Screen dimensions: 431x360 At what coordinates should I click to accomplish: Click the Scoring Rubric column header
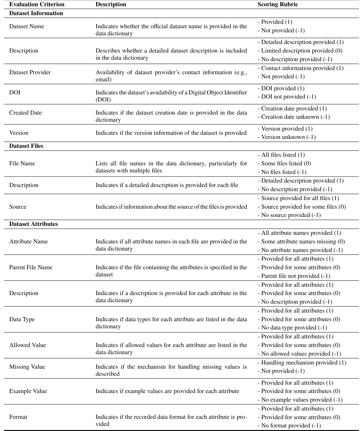point(277,4)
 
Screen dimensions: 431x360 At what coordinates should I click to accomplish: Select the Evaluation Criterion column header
point(37,4)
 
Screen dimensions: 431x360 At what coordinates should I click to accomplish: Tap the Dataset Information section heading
point(36,13)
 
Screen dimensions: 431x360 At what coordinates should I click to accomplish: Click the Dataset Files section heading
point(26,146)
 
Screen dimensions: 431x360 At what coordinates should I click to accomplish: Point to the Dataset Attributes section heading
point(34,224)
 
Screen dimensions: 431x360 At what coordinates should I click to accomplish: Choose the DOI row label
point(15,93)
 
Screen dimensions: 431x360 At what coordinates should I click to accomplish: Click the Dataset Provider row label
point(30,72)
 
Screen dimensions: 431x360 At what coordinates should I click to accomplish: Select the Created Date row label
point(26,113)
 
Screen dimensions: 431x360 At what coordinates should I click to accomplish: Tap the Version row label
point(19,133)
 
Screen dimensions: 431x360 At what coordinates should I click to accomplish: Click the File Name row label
point(22,164)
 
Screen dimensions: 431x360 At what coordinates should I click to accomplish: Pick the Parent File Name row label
point(31,267)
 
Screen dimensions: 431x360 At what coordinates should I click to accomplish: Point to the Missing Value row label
point(27,367)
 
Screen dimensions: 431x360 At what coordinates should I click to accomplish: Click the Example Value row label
point(28,391)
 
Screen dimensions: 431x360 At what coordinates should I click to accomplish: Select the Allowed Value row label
point(28,345)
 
